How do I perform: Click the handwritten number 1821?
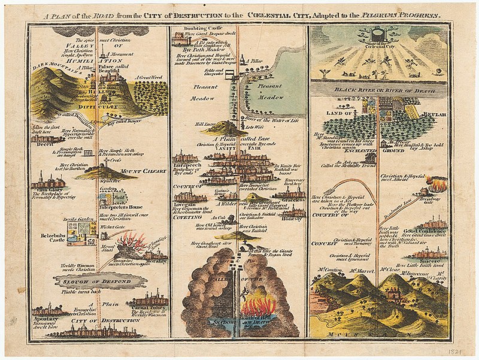[461, 347]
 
